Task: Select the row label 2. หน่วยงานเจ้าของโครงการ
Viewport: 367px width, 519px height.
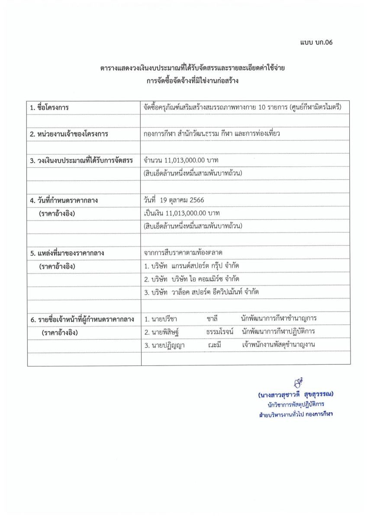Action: coord(69,134)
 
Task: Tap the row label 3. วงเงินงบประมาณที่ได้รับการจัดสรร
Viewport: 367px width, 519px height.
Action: coord(81,160)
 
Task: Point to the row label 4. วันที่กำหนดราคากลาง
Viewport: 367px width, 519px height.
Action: coord(64,200)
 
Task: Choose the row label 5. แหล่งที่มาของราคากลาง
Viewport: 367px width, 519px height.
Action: coord(67,253)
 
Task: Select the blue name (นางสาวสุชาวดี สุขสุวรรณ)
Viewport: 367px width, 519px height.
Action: coord(296,395)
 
